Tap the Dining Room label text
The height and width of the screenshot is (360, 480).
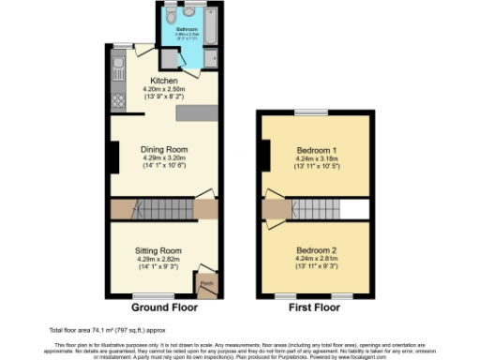164,149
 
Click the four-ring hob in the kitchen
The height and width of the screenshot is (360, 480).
117,97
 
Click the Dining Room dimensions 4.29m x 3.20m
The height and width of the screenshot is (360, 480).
164,158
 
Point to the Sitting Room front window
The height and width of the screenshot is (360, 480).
157,295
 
